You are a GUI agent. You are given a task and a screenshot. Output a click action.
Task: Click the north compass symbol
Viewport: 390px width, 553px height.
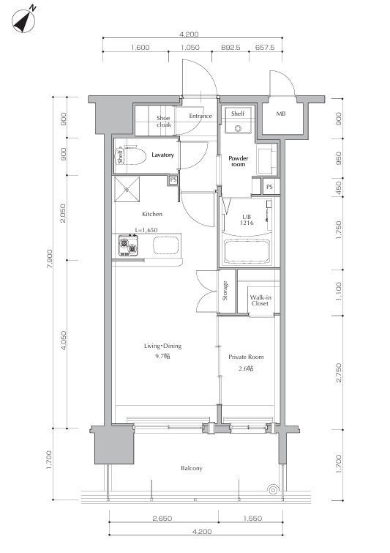tap(23, 21)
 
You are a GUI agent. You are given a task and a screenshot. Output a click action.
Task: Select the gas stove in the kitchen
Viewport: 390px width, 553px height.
tap(128, 245)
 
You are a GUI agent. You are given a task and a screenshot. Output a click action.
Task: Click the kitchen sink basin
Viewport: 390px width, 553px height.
tap(165, 245)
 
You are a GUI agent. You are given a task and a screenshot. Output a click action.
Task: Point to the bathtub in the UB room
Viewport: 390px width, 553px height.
tap(247, 251)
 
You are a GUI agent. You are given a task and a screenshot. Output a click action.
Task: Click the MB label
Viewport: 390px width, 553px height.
tap(281, 114)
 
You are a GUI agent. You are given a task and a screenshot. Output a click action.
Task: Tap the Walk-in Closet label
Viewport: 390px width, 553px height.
tap(260, 300)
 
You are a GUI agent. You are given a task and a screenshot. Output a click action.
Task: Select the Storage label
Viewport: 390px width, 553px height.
tap(225, 291)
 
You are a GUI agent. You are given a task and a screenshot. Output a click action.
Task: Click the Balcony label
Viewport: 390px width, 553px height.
tap(192, 468)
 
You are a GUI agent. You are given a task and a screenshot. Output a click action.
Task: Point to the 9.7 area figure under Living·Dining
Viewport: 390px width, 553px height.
tap(162, 356)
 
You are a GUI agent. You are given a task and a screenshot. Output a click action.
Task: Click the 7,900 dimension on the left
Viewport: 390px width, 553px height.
tap(50, 259)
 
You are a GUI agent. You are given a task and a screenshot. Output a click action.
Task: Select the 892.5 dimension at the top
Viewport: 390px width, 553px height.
tap(230, 47)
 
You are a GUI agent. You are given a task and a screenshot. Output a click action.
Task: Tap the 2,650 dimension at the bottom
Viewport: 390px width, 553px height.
tap(162, 519)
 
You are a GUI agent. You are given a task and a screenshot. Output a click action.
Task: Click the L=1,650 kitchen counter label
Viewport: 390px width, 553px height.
tap(146, 230)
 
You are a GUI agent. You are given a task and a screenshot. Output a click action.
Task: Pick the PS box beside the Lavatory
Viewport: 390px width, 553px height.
tap(173, 180)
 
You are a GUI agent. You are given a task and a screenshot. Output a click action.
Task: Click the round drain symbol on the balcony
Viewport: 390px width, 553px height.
tap(272, 490)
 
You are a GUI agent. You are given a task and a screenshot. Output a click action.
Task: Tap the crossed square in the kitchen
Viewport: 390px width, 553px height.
tap(127, 190)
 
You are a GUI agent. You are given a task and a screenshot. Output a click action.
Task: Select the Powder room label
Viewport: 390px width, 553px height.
tap(238, 161)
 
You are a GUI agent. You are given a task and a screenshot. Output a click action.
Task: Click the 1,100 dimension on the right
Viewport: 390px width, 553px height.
tap(338, 292)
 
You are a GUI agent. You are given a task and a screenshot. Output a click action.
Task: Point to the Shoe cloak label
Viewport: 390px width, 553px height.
tap(164, 122)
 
